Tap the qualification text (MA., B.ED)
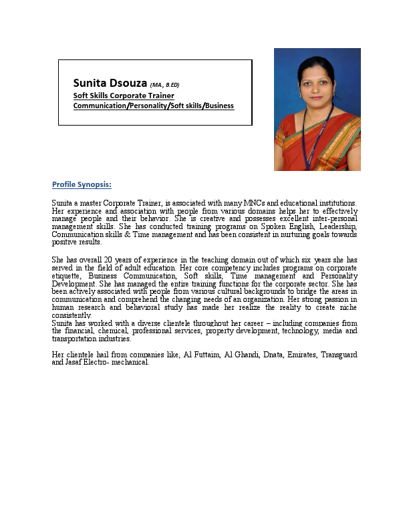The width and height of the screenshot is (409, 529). coord(165,85)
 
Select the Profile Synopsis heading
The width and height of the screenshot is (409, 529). coord(82,184)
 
